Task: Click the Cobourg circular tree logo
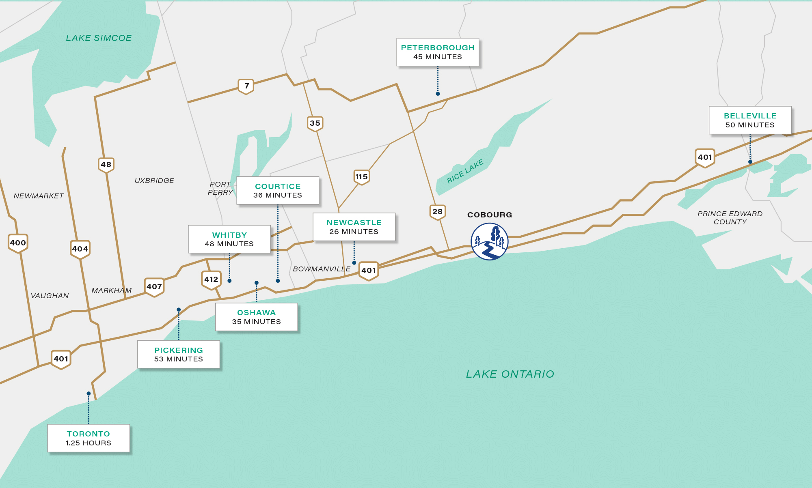489,241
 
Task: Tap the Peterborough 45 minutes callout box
438,52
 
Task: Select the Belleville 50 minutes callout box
750,120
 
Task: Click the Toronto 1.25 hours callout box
89,438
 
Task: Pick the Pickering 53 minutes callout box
179,354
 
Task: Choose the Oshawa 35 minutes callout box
256,317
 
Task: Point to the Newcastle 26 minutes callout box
354,227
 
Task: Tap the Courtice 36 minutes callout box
278,190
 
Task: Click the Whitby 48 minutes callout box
229,239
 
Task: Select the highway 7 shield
246,86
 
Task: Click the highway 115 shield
361,177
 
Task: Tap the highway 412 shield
211,279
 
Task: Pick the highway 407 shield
154,287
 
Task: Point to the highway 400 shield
18,243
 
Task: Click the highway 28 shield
437,212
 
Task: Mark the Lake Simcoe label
99,38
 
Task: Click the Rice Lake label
465,171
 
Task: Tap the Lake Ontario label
510,374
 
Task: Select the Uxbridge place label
154,181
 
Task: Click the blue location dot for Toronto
89,393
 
